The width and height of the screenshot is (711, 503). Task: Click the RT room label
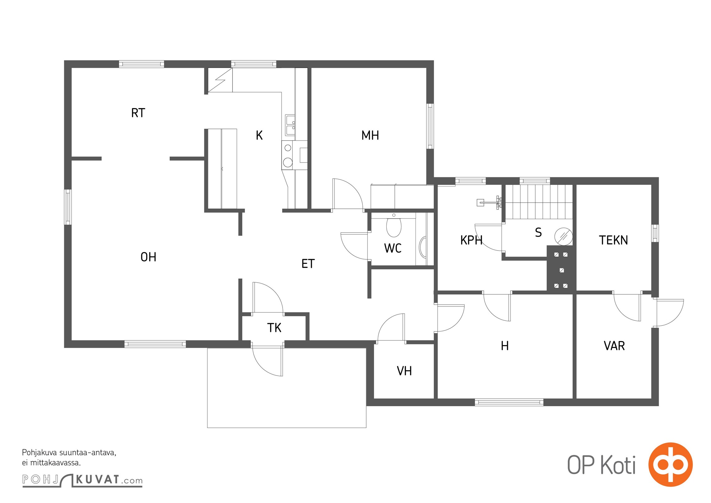(138, 113)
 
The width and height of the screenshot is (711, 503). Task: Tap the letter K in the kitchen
(259, 135)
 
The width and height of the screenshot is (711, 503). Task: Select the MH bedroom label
(370, 135)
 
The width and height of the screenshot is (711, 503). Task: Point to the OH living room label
(148, 257)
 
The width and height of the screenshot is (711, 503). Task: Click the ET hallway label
(308, 264)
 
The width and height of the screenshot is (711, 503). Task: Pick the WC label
(393, 248)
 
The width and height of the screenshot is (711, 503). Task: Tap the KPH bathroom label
(471, 240)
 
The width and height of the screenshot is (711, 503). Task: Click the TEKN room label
(613, 240)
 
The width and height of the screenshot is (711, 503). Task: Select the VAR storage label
(614, 346)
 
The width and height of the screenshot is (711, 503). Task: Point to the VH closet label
(404, 371)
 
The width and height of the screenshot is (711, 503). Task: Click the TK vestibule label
(274, 328)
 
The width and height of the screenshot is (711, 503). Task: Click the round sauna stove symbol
(563, 236)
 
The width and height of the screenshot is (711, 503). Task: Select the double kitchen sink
(290, 124)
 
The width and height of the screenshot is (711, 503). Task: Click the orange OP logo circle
(670, 464)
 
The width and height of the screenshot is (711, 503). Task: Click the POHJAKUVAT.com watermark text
(82, 480)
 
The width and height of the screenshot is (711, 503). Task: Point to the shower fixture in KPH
(490, 202)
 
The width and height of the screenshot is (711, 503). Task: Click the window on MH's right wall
(430, 126)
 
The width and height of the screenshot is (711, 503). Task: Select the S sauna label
(538, 233)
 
